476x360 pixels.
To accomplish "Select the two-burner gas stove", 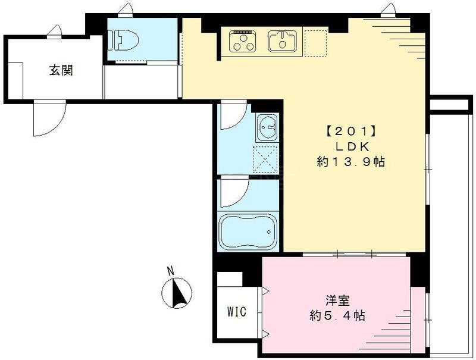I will [242, 41].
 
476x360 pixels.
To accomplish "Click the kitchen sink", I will [282, 41].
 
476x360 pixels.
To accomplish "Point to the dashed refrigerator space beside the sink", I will [315, 42].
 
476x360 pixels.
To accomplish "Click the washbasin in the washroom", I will [267, 127].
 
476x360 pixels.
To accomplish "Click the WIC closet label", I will [236, 311].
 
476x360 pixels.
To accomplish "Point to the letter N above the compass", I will [171, 271].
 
